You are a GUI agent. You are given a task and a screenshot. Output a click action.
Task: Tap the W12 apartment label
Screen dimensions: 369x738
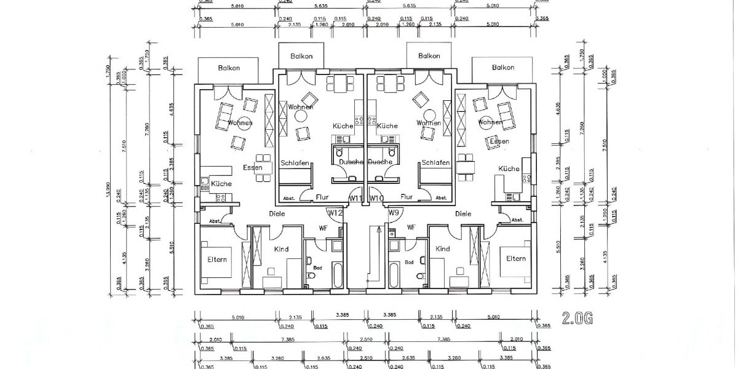pos(335,213)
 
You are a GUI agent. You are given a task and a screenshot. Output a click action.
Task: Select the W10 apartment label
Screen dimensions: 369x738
pos(377,198)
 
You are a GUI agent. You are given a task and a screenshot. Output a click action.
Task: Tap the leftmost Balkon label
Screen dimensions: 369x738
pos(229,68)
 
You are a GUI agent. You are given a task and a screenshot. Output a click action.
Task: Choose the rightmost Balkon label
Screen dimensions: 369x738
pos(503,68)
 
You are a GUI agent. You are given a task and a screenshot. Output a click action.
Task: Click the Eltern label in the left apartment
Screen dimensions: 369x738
pos(217,260)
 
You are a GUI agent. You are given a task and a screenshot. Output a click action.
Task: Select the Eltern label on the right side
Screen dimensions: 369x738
pos(515,259)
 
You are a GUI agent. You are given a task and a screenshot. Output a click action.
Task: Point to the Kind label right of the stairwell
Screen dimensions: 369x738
pos(442,249)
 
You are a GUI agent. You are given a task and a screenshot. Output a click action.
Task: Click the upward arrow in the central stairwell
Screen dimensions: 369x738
pos(379,231)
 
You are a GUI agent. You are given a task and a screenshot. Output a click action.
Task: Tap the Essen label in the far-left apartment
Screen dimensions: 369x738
pos(252,167)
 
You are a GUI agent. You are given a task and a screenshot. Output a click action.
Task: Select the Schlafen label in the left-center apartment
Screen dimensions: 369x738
pos(295,163)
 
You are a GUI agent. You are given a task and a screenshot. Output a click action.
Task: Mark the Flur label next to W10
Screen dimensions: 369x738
pos(406,197)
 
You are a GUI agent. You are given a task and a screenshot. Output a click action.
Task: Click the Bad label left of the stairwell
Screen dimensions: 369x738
pos(317,269)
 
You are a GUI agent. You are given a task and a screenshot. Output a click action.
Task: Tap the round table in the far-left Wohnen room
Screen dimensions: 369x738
pos(244,123)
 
